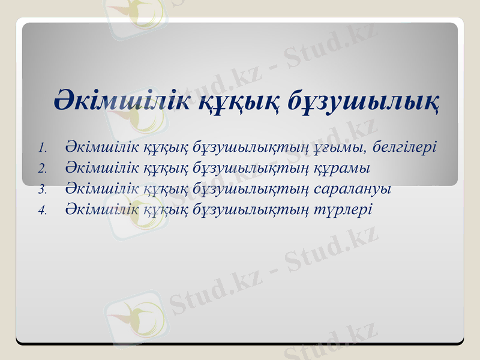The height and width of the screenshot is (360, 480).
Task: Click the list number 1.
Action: [41, 148]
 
